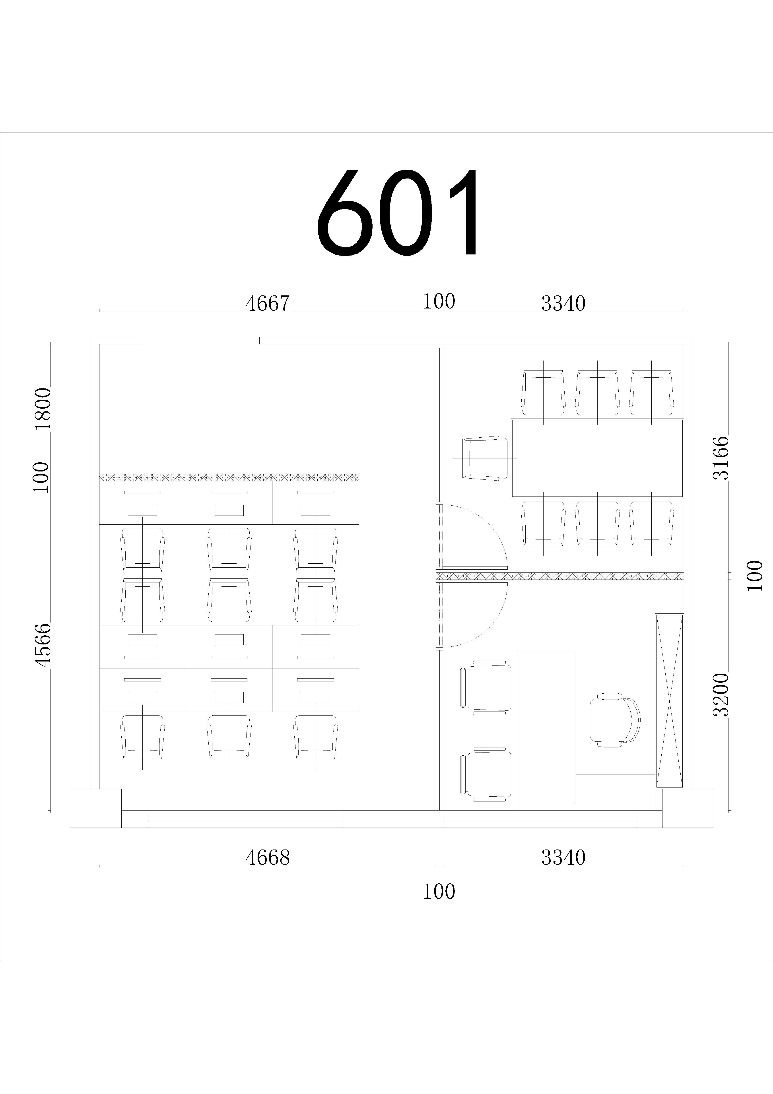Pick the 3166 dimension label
click(x=721, y=458)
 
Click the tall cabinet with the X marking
click(x=669, y=700)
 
